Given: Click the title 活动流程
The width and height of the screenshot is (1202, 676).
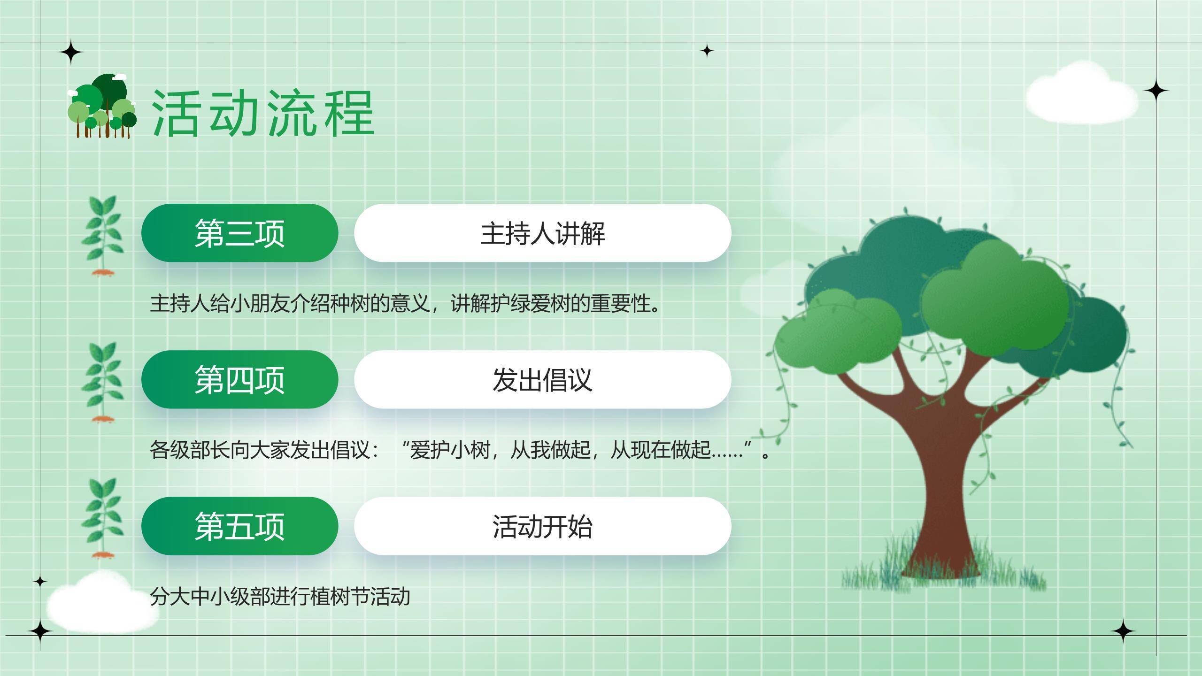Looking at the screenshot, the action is pyautogui.click(x=263, y=114).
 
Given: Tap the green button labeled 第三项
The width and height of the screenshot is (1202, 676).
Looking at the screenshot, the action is pyautogui.click(x=239, y=233).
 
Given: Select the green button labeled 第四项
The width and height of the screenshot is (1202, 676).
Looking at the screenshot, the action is pyautogui.click(x=239, y=379).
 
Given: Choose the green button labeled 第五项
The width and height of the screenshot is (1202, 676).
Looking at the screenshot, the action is pyautogui.click(x=239, y=526).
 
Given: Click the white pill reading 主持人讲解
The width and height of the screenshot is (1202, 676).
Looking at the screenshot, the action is pyautogui.click(x=543, y=233).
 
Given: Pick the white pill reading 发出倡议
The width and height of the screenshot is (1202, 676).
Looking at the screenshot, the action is pyautogui.click(x=543, y=379).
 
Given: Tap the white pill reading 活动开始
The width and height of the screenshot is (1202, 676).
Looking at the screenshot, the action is pyautogui.click(x=543, y=526).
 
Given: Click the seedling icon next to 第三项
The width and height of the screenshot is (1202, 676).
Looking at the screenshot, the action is pyautogui.click(x=102, y=236).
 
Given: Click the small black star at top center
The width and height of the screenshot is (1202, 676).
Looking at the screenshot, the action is pyautogui.click(x=707, y=51).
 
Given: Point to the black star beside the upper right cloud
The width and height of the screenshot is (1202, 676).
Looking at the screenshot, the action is pyautogui.click(x=1156, y=90).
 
